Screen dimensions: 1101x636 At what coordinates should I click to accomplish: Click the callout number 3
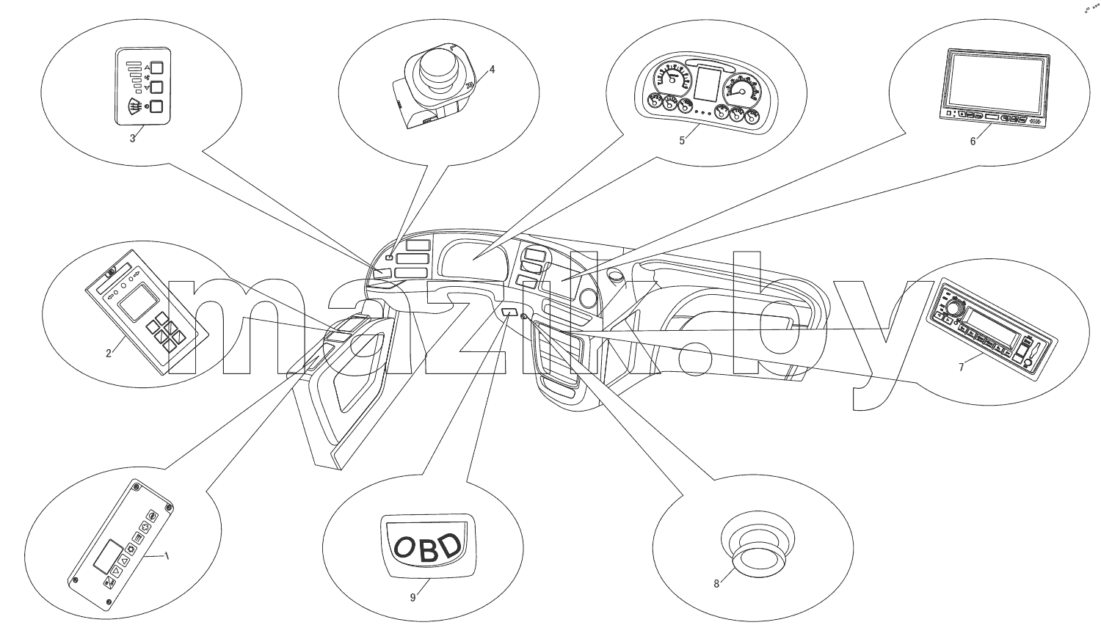click(x=132, y=139)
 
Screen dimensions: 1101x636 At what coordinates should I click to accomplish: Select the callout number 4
click(x=492, y=70)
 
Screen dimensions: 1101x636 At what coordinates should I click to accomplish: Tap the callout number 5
click(x=682, y=140)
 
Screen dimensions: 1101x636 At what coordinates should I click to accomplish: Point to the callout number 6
click(x=973, y=142)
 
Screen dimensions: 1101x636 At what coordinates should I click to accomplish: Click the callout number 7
click(x=962, y=368)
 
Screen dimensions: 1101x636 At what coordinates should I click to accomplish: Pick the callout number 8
click(x=716, y=583)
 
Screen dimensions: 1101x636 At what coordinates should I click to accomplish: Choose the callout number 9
click(x=413, y=597)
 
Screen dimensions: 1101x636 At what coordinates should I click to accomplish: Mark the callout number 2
click(x=109, y=353)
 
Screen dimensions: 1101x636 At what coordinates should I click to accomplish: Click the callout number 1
click(x=167, y=556)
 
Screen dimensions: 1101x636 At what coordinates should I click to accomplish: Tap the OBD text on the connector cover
click(x=428, y=547)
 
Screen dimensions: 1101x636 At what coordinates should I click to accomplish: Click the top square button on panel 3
click(x=157, y=67)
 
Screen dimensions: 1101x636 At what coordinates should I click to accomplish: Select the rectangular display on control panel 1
click(x=108, y=557)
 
